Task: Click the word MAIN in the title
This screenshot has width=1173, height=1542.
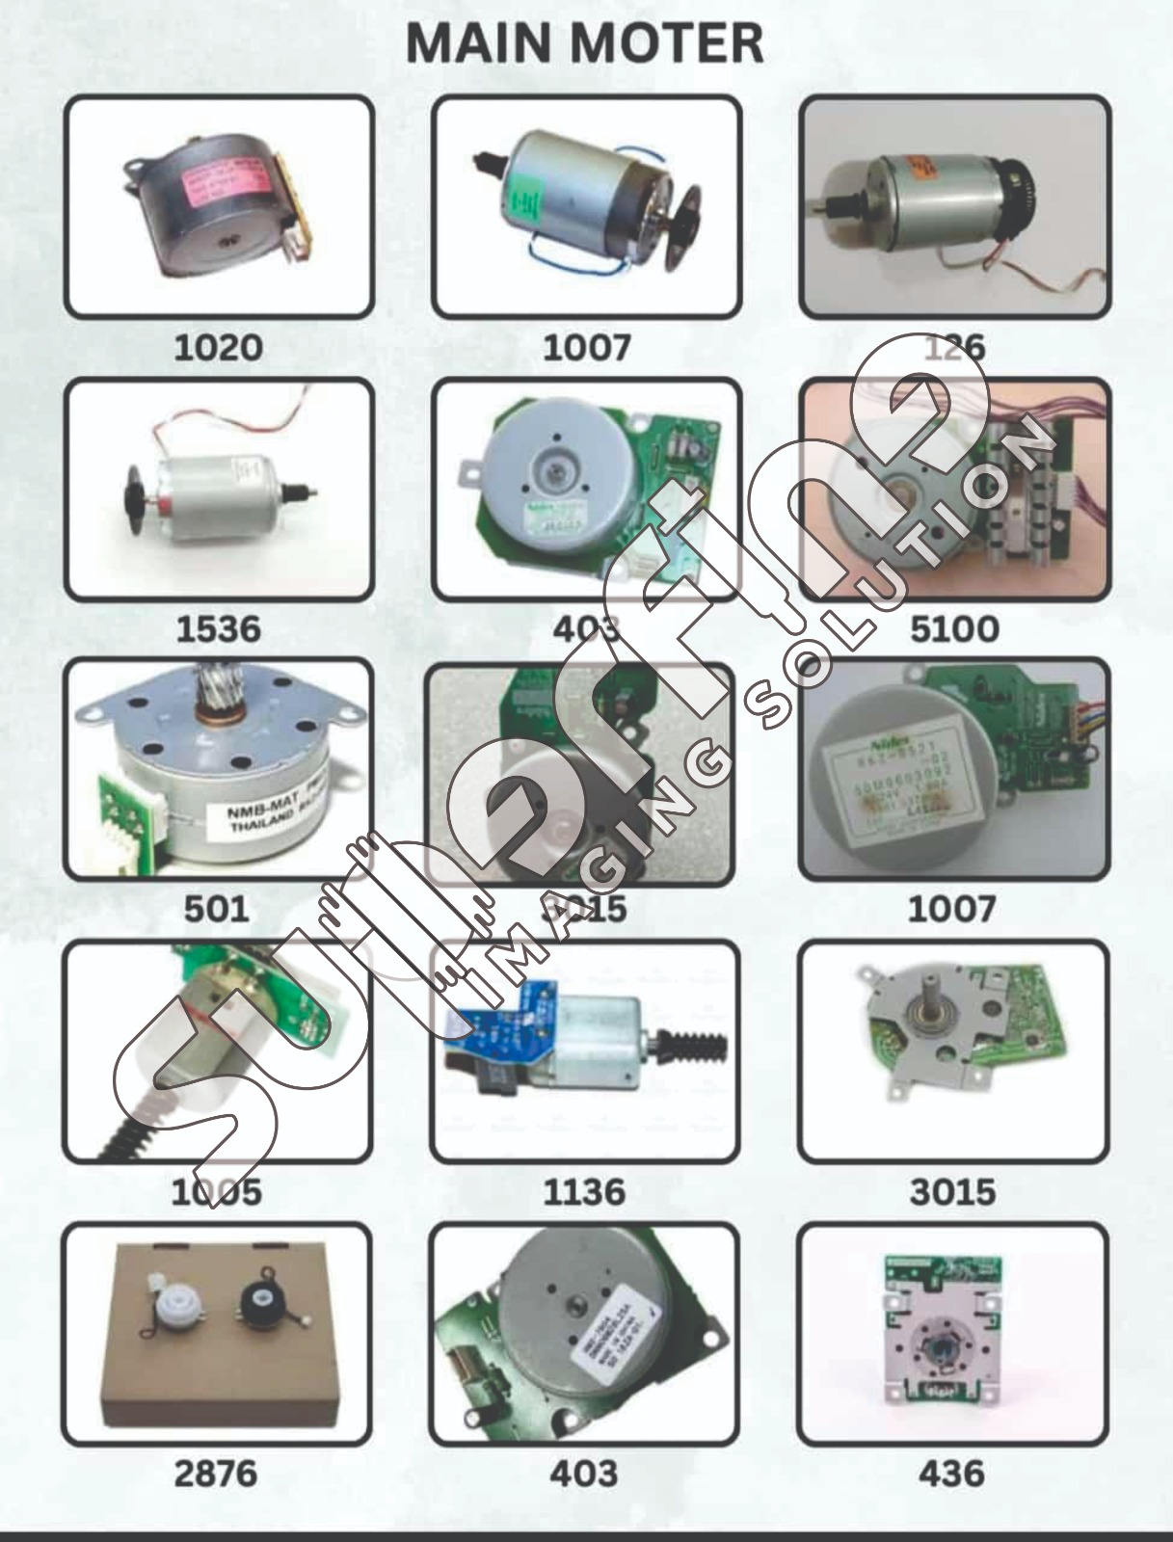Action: (x=479, y=43)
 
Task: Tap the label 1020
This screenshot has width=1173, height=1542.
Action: (x=218, y=347)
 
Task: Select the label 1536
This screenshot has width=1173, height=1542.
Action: (x=218, y=629)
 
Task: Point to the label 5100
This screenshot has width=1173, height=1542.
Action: (x=953, y=629)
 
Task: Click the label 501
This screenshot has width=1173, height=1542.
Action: (x=217, y=909)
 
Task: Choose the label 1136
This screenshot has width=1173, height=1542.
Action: (x=584, y=1192)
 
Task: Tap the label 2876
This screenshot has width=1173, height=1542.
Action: (x=216, y=1474)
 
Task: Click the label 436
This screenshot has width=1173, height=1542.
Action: (x=951, y=1474)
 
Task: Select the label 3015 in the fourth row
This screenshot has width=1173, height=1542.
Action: (x=952, y=1192)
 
